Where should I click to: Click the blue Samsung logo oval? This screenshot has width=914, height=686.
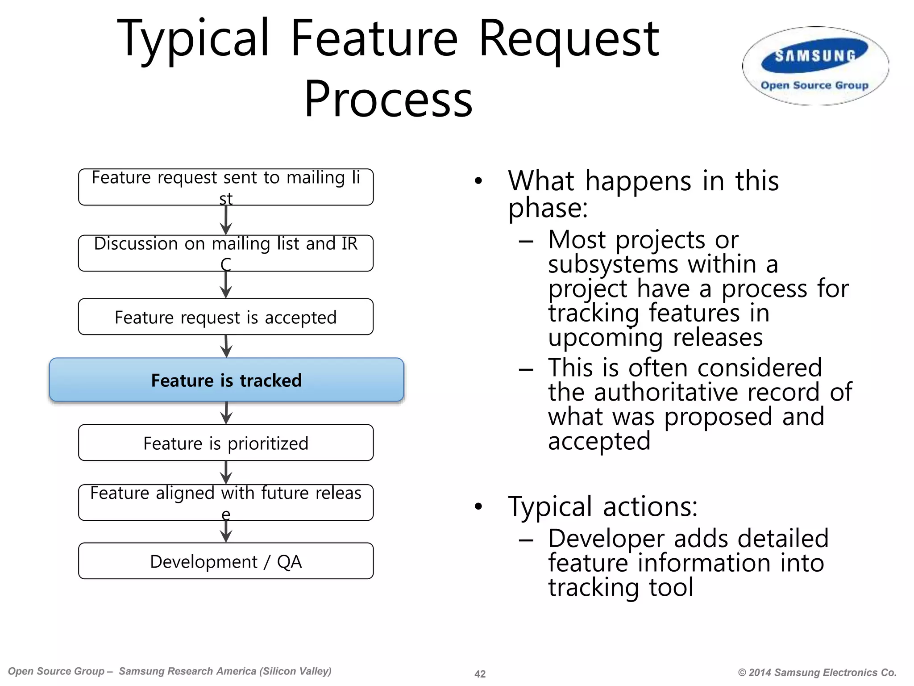(815, 57)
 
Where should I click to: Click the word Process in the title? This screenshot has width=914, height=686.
(388, 99)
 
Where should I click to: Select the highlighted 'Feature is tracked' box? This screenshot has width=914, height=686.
(226, 380)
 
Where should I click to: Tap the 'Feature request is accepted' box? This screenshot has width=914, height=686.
(226, 317)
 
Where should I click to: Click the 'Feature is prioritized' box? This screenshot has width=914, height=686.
(226, 443)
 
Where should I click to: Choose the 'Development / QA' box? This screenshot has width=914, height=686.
(226, 561)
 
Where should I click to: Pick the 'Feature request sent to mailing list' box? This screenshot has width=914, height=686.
(226, 187)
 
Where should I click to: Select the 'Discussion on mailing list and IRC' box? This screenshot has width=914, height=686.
(226, 253)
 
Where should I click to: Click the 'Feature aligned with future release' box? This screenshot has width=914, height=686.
(226, 502)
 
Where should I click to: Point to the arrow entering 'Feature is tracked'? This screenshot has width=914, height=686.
(226, 347)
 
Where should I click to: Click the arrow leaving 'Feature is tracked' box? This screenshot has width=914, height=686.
(226, 413)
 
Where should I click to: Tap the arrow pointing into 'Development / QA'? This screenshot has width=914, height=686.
(226, 532)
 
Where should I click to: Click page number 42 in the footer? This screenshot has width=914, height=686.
(480, 673)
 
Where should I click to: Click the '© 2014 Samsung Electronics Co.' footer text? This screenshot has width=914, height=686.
(817, 672)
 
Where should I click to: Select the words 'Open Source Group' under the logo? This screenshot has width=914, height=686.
(814, 85)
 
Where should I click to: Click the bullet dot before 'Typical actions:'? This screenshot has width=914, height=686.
(478, 506)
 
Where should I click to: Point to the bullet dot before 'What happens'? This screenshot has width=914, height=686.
(478, 181)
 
